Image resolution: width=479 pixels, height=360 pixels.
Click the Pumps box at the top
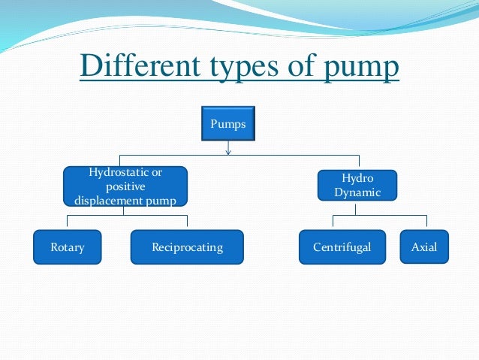(x=227, y=124)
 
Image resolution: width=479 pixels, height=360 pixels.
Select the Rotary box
(x=67, y=247)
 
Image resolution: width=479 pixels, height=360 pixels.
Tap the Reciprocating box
(x=187, y=247)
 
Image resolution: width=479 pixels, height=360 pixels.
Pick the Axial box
(x=423, y=247)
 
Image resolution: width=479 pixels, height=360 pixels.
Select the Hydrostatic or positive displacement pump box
(x=125, y=186)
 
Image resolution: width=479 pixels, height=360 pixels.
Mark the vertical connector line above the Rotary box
(x=68, y=222)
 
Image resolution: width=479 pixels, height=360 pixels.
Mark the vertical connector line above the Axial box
(x=426, y=222)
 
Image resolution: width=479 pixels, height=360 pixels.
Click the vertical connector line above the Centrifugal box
(x=333, y=222)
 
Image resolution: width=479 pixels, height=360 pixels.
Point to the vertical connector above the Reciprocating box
(x=187, y=222)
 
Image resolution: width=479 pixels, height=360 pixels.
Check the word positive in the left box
(x=125, y=186)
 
